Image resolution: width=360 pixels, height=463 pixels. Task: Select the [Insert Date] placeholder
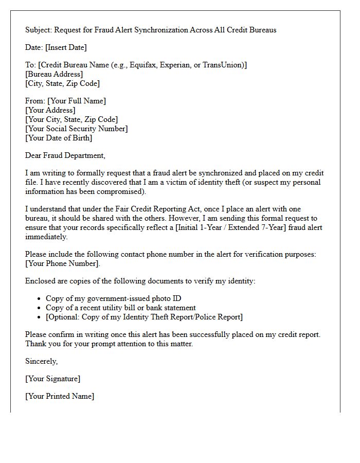pos(66,47)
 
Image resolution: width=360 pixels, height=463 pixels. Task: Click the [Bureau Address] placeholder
pos(54,74)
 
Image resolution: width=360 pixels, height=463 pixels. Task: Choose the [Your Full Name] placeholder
pos(77,101)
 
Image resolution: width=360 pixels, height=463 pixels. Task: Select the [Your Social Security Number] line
pos(77,129)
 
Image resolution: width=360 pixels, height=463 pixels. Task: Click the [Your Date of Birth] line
pos(59,138)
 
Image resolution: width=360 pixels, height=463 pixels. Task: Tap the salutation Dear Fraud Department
pos(65,155)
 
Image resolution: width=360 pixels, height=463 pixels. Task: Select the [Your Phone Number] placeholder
pos(62,263)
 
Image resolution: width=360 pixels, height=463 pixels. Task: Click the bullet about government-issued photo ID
pos(113,298)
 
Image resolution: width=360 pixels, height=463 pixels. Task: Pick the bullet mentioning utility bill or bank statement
pos(120,308)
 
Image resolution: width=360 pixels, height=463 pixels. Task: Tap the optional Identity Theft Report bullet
pos(144,317)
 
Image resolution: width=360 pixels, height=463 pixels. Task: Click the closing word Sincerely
pos(42,361)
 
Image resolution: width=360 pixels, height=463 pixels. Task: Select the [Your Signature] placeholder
pos(52,379)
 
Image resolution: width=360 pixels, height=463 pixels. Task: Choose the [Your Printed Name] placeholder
pos(60,396)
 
